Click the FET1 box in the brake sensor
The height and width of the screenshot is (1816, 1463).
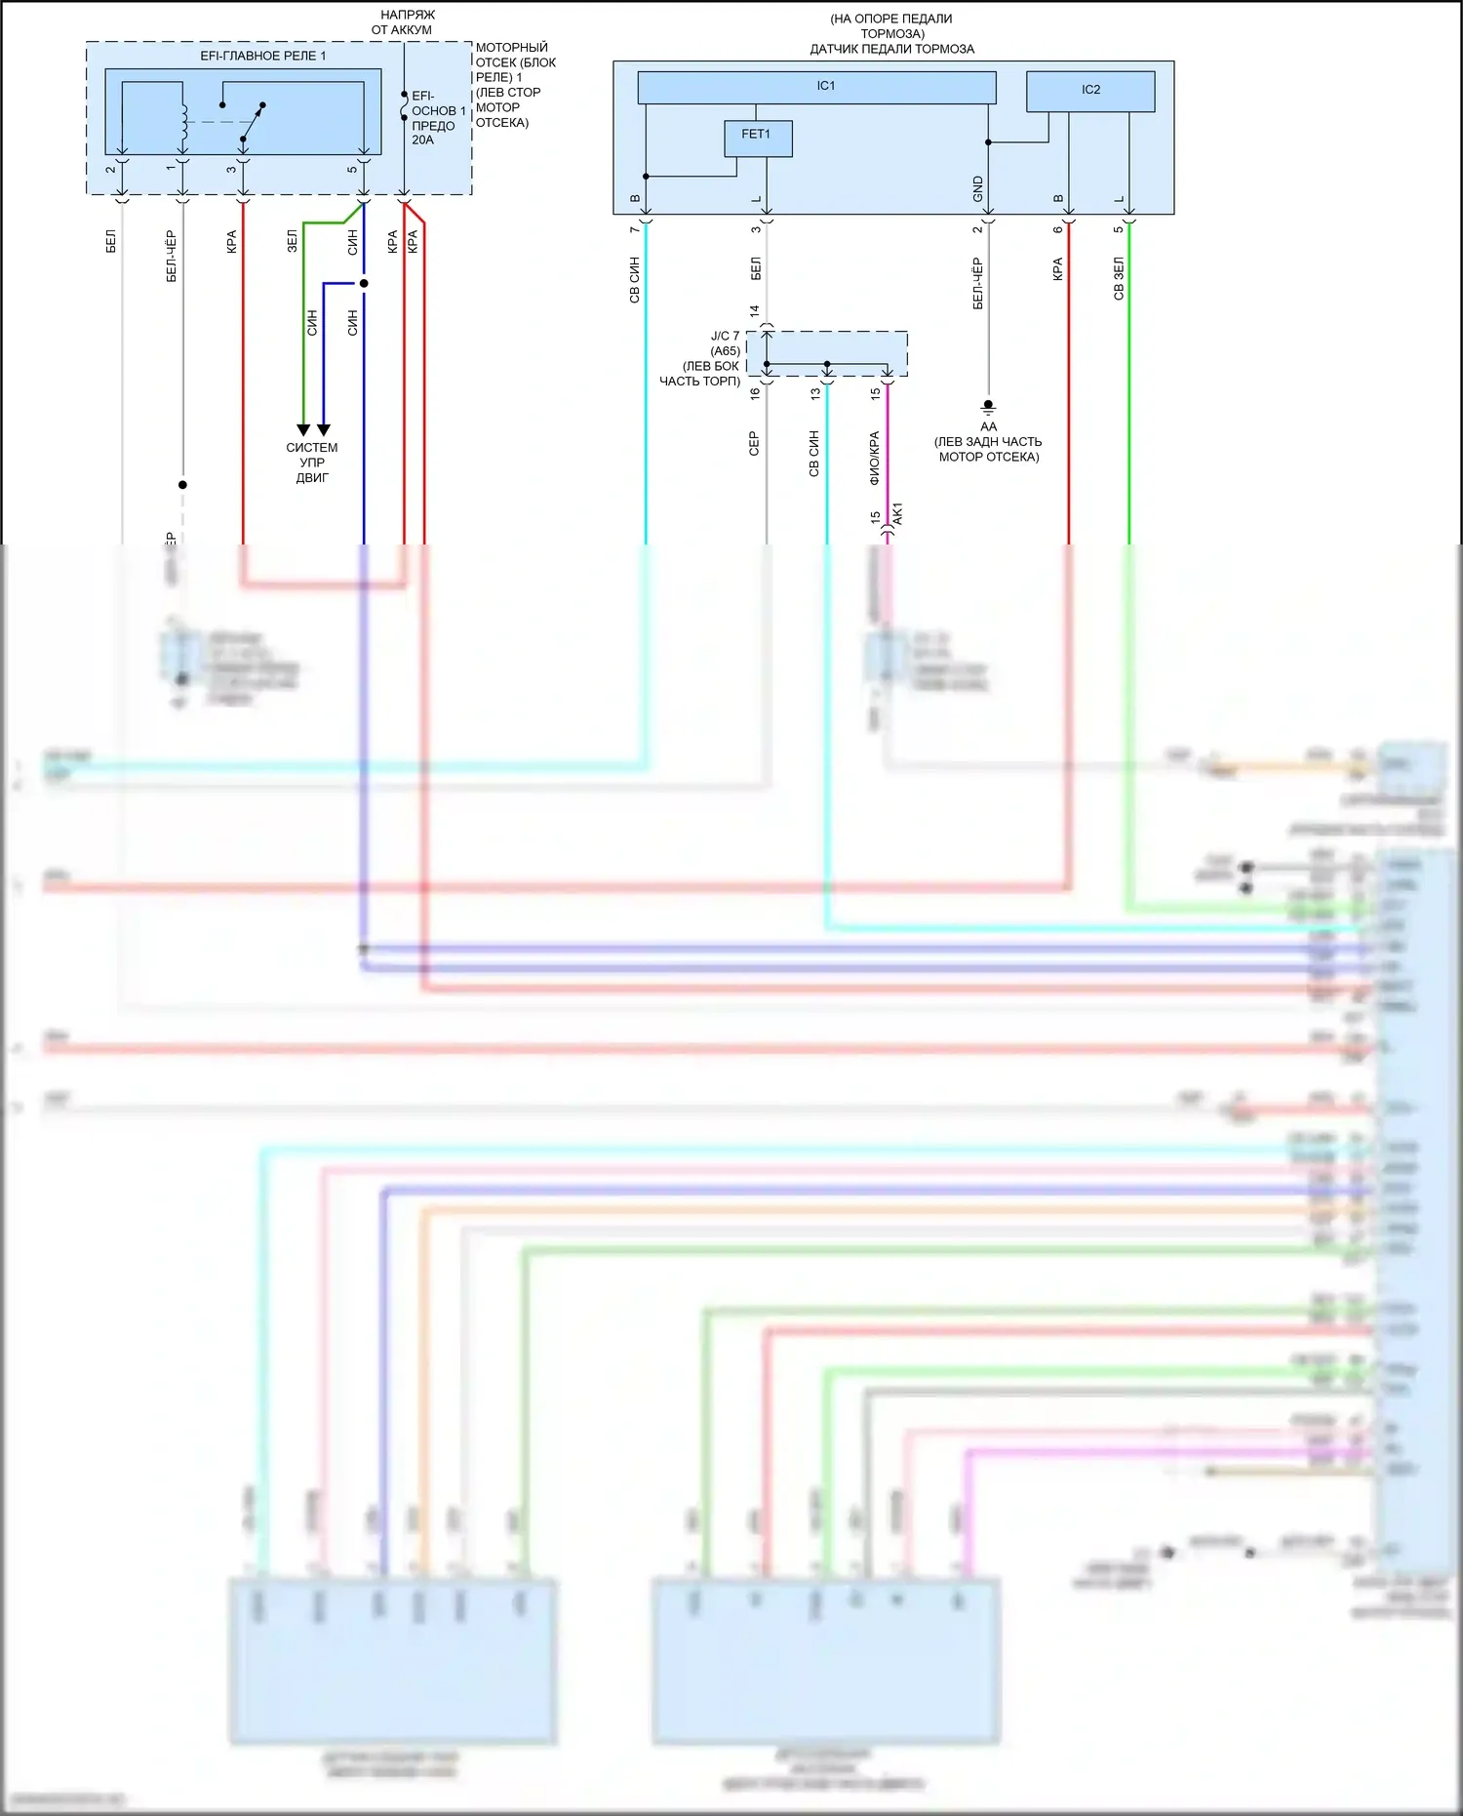tap(758, 139)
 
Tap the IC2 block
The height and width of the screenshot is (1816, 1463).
tap(1090, 91)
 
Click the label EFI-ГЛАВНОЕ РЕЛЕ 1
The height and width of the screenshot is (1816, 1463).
tap(263, 56)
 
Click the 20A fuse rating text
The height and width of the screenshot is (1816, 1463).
tap(422, 141)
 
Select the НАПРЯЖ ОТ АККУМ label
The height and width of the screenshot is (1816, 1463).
tap(404, 22)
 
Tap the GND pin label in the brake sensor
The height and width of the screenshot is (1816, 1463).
tap(978, 189)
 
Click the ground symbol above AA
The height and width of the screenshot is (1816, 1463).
tap(988, 406)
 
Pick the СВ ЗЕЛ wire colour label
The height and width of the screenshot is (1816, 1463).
tap(1119, 278)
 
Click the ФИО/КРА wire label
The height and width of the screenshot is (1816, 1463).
tap(875, 458)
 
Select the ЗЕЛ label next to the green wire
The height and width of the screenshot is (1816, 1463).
tap(292, 241)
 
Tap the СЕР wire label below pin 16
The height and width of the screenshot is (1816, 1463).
tap(754, 444)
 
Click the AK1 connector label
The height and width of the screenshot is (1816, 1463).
tap(898, 514)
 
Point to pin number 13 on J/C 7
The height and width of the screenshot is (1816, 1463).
tap(815, 393)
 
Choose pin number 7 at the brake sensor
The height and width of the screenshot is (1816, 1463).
tap(634, 229)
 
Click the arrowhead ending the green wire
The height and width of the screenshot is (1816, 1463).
tap(303, 429)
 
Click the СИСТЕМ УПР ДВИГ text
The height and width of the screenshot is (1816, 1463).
tap(312, 463)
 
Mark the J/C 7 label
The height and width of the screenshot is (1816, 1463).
tap(725, 336)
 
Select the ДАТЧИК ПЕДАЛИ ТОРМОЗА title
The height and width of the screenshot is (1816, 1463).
tap(891, 49)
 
